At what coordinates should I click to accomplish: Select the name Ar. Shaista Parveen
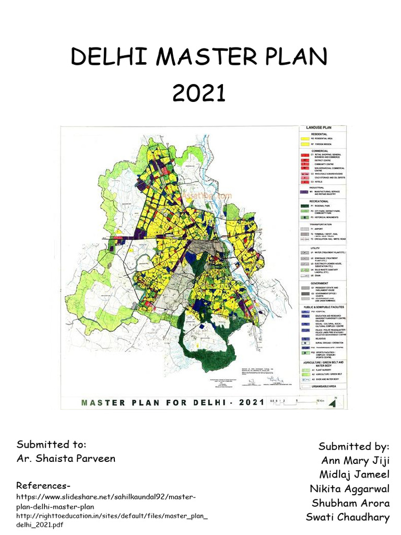tap(66, 459)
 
